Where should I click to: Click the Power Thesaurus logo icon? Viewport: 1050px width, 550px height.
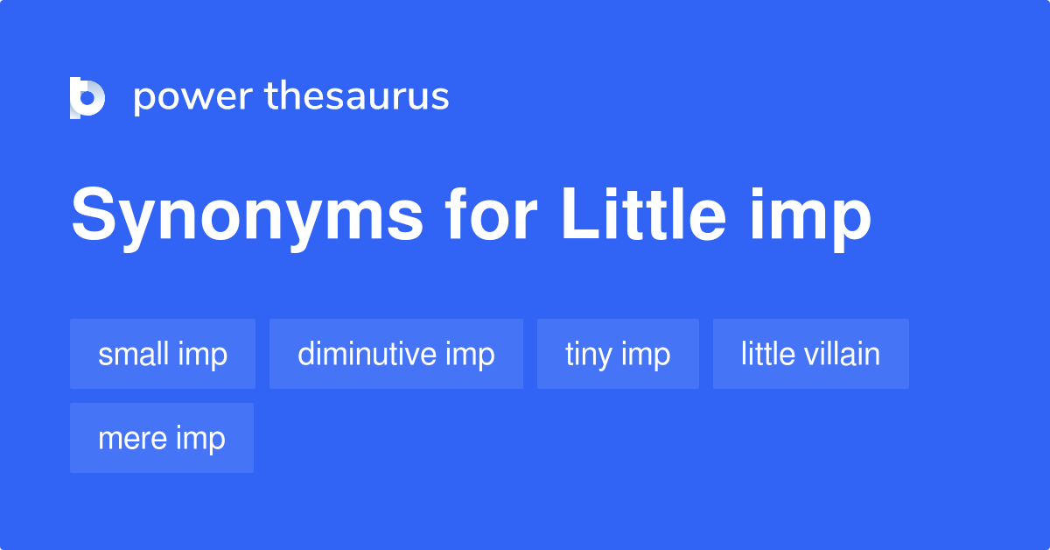(x=87, y=97)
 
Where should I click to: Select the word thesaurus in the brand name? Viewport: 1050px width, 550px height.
(x=357, y=97)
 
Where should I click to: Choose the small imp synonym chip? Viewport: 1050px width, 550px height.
(x=163, y=354)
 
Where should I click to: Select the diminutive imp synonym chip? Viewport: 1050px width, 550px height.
(x=396, y=354)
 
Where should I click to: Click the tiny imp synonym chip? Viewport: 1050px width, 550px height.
(x=618, y=354)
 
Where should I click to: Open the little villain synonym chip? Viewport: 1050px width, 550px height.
(x=810, y=354)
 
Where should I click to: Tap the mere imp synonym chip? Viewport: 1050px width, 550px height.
(x=162, y=438)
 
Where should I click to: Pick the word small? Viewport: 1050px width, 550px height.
(x=133, y=354)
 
